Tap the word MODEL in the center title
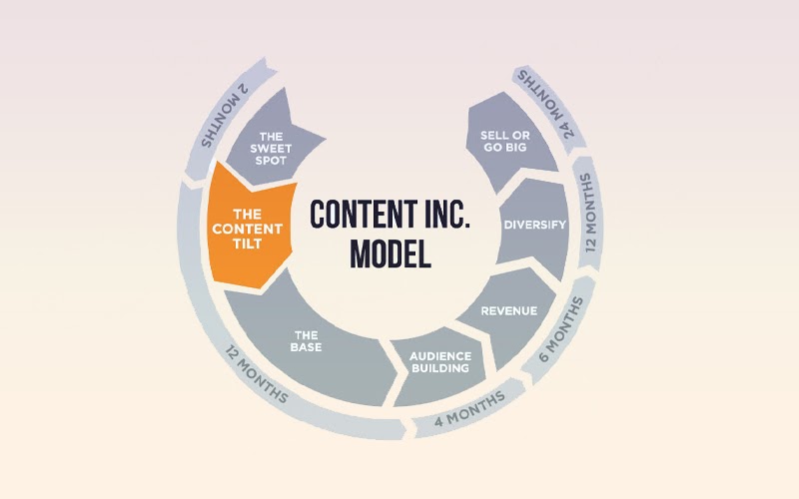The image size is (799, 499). point(391,254)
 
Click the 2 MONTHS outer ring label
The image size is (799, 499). point(224,116)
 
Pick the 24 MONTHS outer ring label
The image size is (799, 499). point(545,104)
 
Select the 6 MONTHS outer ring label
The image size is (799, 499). point(561,329)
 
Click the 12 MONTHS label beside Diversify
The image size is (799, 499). point(588,213)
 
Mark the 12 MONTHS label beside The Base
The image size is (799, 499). point(257,374)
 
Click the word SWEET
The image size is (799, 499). point(271,149)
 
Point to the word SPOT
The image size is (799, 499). point(271,161)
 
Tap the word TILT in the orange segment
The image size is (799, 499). point(247,244)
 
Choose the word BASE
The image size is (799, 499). point(306,347)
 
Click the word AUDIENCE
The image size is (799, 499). point(440,356)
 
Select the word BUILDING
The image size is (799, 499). point(440,367)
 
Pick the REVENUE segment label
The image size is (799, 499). point(509,311)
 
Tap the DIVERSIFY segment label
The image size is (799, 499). point(534,225)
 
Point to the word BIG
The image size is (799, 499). point(516,147)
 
